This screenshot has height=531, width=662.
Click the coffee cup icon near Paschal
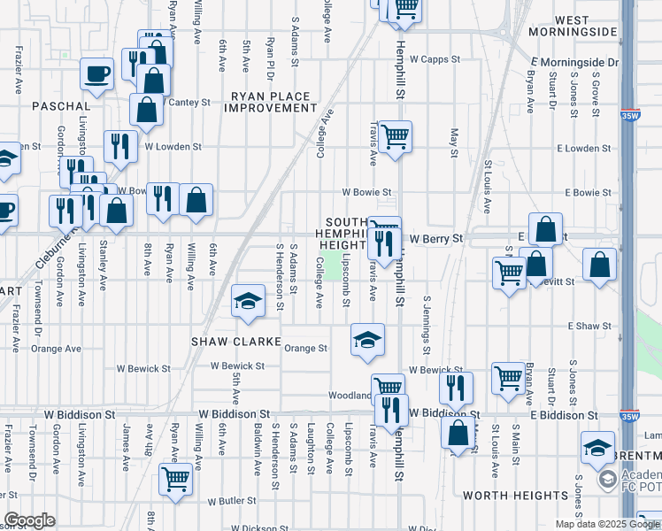click(x=96, y=75)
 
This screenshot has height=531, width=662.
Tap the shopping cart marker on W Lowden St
click(x=396, y=136)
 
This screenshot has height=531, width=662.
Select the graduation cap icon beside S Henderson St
click(x=248, y=301)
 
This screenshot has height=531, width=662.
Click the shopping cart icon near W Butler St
click(x=176, y=479)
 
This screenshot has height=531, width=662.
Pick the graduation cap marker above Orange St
click(x=367, y=339)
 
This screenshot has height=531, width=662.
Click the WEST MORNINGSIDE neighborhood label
click(x=585, y=25)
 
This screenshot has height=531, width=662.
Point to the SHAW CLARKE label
click(x=236, y=342)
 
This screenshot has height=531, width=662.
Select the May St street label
click(x=454, y=138)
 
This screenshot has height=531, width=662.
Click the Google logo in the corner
click(x=29, y=520)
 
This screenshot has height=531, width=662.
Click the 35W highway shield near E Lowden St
click(x=629, y=115)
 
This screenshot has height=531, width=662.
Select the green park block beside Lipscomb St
click(x=332, y=265)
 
